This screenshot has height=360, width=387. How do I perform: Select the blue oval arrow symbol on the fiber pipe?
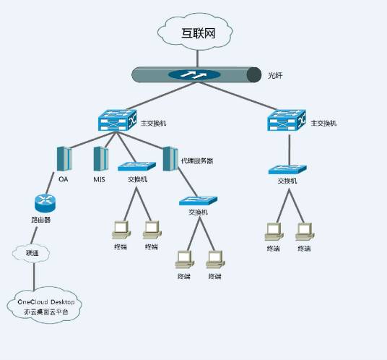pos(193,74)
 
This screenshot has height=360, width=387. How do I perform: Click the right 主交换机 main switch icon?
pos(287,121)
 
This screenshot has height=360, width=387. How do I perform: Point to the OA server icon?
pos(64,158)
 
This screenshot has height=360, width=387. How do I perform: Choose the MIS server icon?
pos(100,158)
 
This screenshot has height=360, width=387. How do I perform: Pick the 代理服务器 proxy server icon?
pos(170,158)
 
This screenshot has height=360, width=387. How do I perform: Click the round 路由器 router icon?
pos(45,204)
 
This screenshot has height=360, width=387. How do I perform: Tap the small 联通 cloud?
pos(32,253)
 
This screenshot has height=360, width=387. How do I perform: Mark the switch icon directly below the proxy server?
pos(198,202)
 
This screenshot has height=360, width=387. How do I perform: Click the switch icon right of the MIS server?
pos(137,167)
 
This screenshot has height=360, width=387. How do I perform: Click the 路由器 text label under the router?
pos(41,220)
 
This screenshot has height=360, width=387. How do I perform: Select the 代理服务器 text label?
pos(197,160)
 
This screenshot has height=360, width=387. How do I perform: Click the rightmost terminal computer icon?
pos(305,231)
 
